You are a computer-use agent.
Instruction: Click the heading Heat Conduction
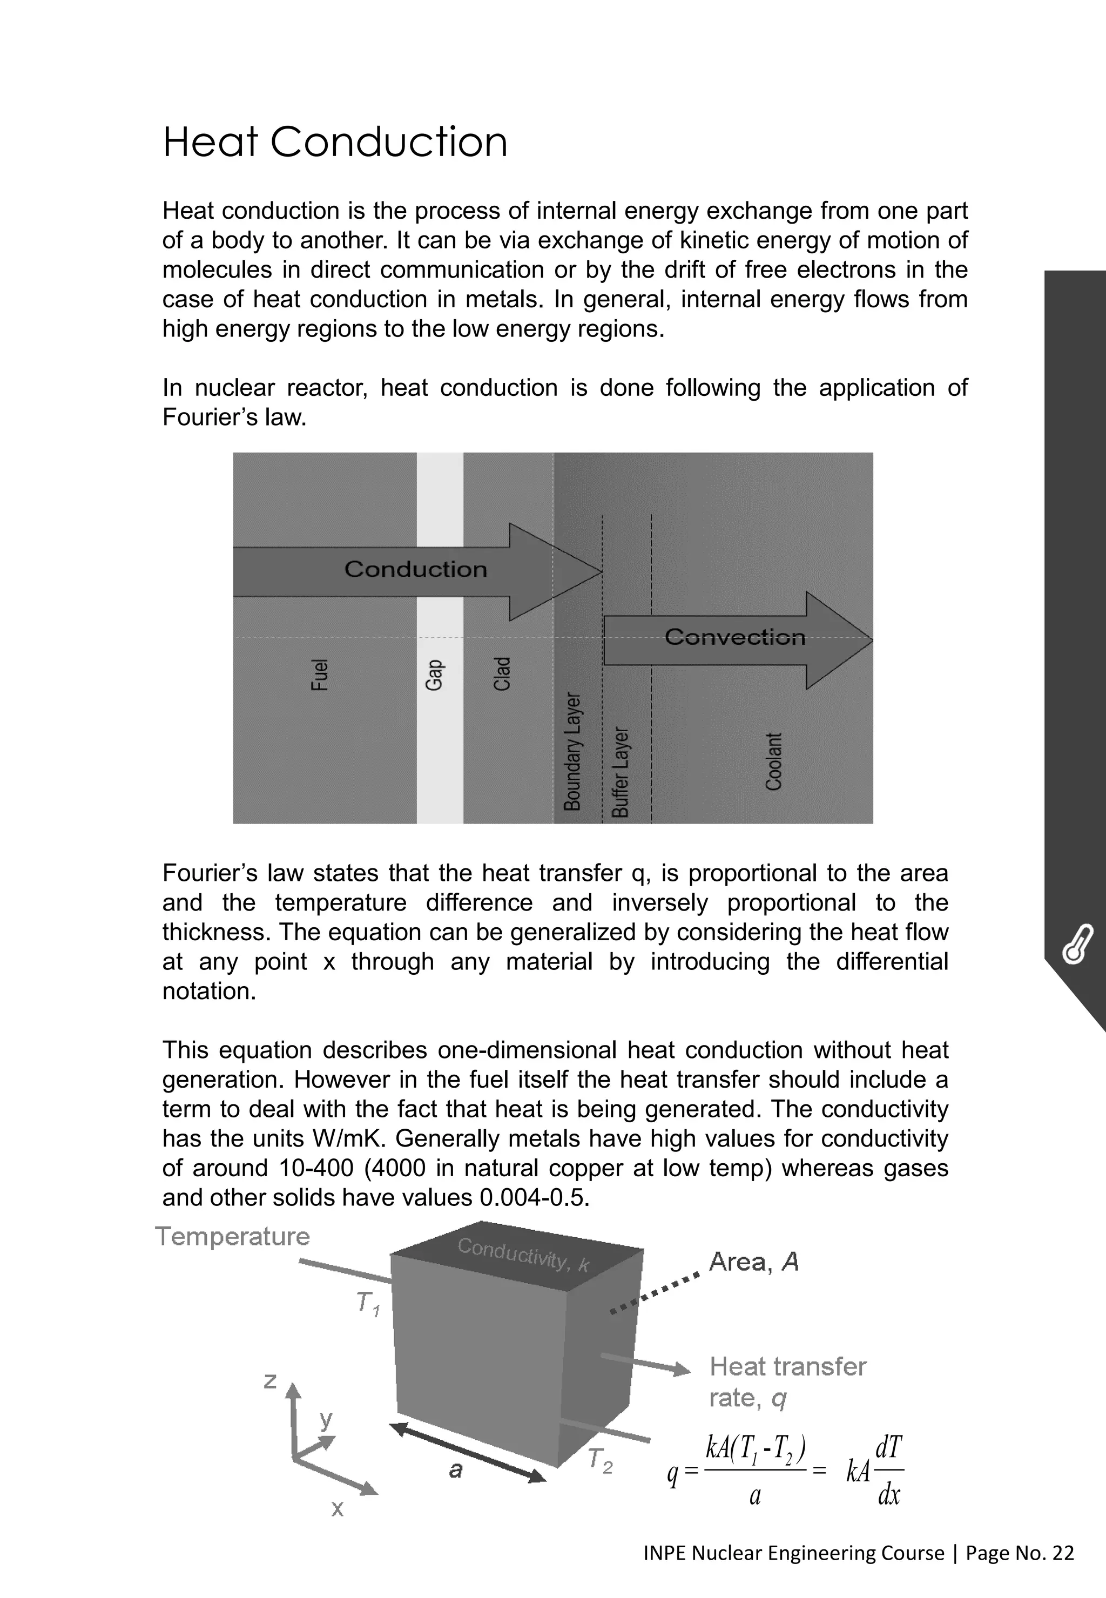click(x=335, y=142)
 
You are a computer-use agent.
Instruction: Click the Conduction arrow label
click(x=416, y=570)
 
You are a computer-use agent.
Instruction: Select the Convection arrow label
click(x=734, y=637)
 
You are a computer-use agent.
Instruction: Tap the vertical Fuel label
click(x=319, y=675)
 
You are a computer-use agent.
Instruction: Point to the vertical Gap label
click(x=433, y=675)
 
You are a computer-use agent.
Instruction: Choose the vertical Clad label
click(x=502, y=673)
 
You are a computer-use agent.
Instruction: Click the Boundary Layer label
click(x=572, y=751)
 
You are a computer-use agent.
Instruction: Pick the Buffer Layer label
click(x=621, y=772)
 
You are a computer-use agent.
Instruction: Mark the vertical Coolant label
click(x=773, y=761)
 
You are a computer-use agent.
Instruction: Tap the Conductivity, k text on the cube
click(x=523, y=1255)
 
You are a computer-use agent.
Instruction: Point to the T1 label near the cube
click(x=368, y=1304)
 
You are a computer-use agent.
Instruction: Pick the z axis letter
click(x=270, y=1380)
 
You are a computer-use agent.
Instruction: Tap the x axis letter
click(x=338, y=1508)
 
